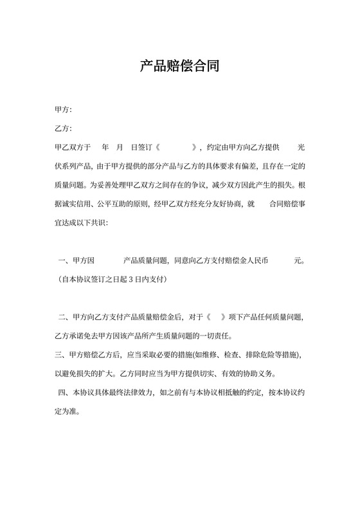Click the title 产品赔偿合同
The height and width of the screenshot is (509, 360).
[179, 66]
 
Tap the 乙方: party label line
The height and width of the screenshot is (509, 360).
[64, 129]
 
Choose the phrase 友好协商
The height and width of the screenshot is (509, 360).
[222, 204]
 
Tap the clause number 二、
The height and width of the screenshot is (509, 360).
[63, 317]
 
